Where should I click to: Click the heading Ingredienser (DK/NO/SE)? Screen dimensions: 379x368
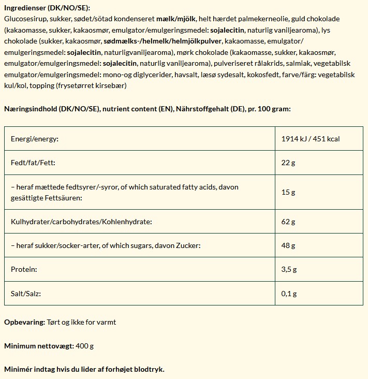tap(47, 8)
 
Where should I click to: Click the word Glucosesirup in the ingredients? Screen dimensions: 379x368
tap(24, 19)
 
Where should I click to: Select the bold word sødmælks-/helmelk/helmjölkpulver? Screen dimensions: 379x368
tap(162, 41)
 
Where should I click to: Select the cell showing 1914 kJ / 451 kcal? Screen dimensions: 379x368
tap(310, 139)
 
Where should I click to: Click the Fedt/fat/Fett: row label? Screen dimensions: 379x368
tap(33, 163)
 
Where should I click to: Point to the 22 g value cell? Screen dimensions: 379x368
tap(288, 163)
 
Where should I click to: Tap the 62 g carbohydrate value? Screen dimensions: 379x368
tap(288, 222)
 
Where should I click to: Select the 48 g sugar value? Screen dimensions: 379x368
tap(288, 246)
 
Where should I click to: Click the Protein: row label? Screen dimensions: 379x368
tap(24, 270)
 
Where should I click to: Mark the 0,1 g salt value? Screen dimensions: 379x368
tap(289, 294)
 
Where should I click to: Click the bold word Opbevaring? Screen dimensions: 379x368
tap(24, 322)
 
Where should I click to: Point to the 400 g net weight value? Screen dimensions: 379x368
tap(84, 345)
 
